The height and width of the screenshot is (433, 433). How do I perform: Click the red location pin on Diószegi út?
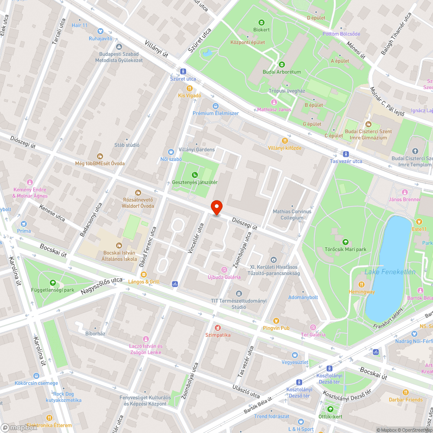[x=216, y=207]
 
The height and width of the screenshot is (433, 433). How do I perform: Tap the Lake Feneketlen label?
[x=390, y=272]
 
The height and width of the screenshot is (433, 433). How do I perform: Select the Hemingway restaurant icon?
[x=362, y=284]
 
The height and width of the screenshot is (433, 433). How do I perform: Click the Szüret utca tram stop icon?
[x=183, y=71]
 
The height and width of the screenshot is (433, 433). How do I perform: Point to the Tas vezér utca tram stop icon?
[x=346, y=154]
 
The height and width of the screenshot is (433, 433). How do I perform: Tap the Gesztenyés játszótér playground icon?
[x=195, y=175]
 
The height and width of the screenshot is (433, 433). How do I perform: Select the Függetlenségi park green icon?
[x=53, y=282]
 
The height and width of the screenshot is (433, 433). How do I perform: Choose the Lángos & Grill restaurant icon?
[x=143, y=275]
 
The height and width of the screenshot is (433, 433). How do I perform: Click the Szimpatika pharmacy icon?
[x=218, y=328]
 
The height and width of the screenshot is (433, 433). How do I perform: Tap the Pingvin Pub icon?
[x=276, y=321]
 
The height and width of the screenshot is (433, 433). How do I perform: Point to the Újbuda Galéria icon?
[x=224, y=270]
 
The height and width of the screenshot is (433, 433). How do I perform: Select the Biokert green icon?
[x=261, y=23]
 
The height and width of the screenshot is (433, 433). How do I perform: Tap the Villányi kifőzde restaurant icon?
[x=284, y=141]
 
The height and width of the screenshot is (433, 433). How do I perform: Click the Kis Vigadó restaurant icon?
[x=189, y=88]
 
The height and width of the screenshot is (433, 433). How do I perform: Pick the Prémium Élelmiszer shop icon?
[x=216, y=106]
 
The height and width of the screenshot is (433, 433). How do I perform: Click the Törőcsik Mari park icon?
[x=345, y=242]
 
